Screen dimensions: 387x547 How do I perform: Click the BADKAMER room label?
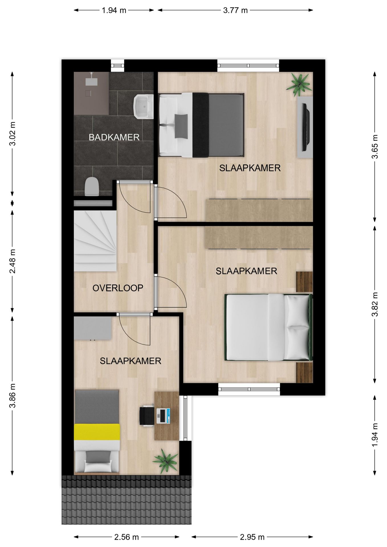[x=114, y=137]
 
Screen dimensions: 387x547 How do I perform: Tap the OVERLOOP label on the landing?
[x=118, y=288]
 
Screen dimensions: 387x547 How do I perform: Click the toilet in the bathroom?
[x=92, y=186]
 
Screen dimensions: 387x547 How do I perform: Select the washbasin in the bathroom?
[x=144, y=107]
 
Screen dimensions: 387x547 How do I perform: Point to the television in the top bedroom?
[x=306, y=127]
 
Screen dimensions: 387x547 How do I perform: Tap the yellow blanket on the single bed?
[x=97, y=432]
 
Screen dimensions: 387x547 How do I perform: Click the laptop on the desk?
[x=163, y=416]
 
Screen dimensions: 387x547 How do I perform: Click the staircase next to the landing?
[x=95, y=241]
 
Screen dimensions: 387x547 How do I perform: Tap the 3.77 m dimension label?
[x=235, y=11]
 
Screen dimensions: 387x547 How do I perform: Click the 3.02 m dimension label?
[x=13, y=134]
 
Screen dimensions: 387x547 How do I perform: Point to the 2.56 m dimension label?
[x=127, y=537]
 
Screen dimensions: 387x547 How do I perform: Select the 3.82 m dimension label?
[x=375, y=304]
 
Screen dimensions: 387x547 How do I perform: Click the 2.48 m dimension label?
[x=13, y=261]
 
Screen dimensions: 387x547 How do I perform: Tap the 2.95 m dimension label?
[x=252, y=537]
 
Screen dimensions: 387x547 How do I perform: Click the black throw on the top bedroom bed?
[x=201, y=125]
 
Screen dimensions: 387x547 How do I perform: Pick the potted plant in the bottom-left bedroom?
[x=165, y=461]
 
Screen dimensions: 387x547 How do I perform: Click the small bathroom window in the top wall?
[x=118, y=66]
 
